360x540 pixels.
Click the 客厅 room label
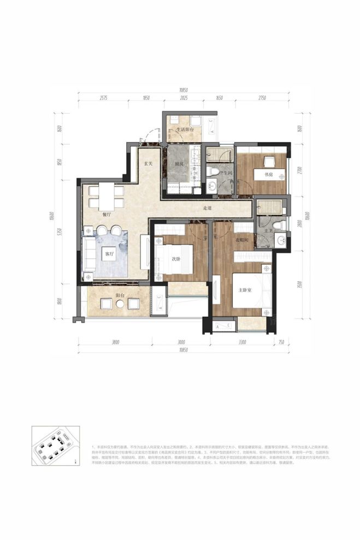click(109, 254)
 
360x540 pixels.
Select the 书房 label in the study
click(268, 175)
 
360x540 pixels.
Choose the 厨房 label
click(179, 164)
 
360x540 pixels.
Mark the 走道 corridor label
click(206, 208)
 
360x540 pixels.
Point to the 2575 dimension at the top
click(107, 97)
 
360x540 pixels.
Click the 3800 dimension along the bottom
click(115, 342)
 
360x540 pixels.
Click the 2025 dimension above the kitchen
click(184, 97)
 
